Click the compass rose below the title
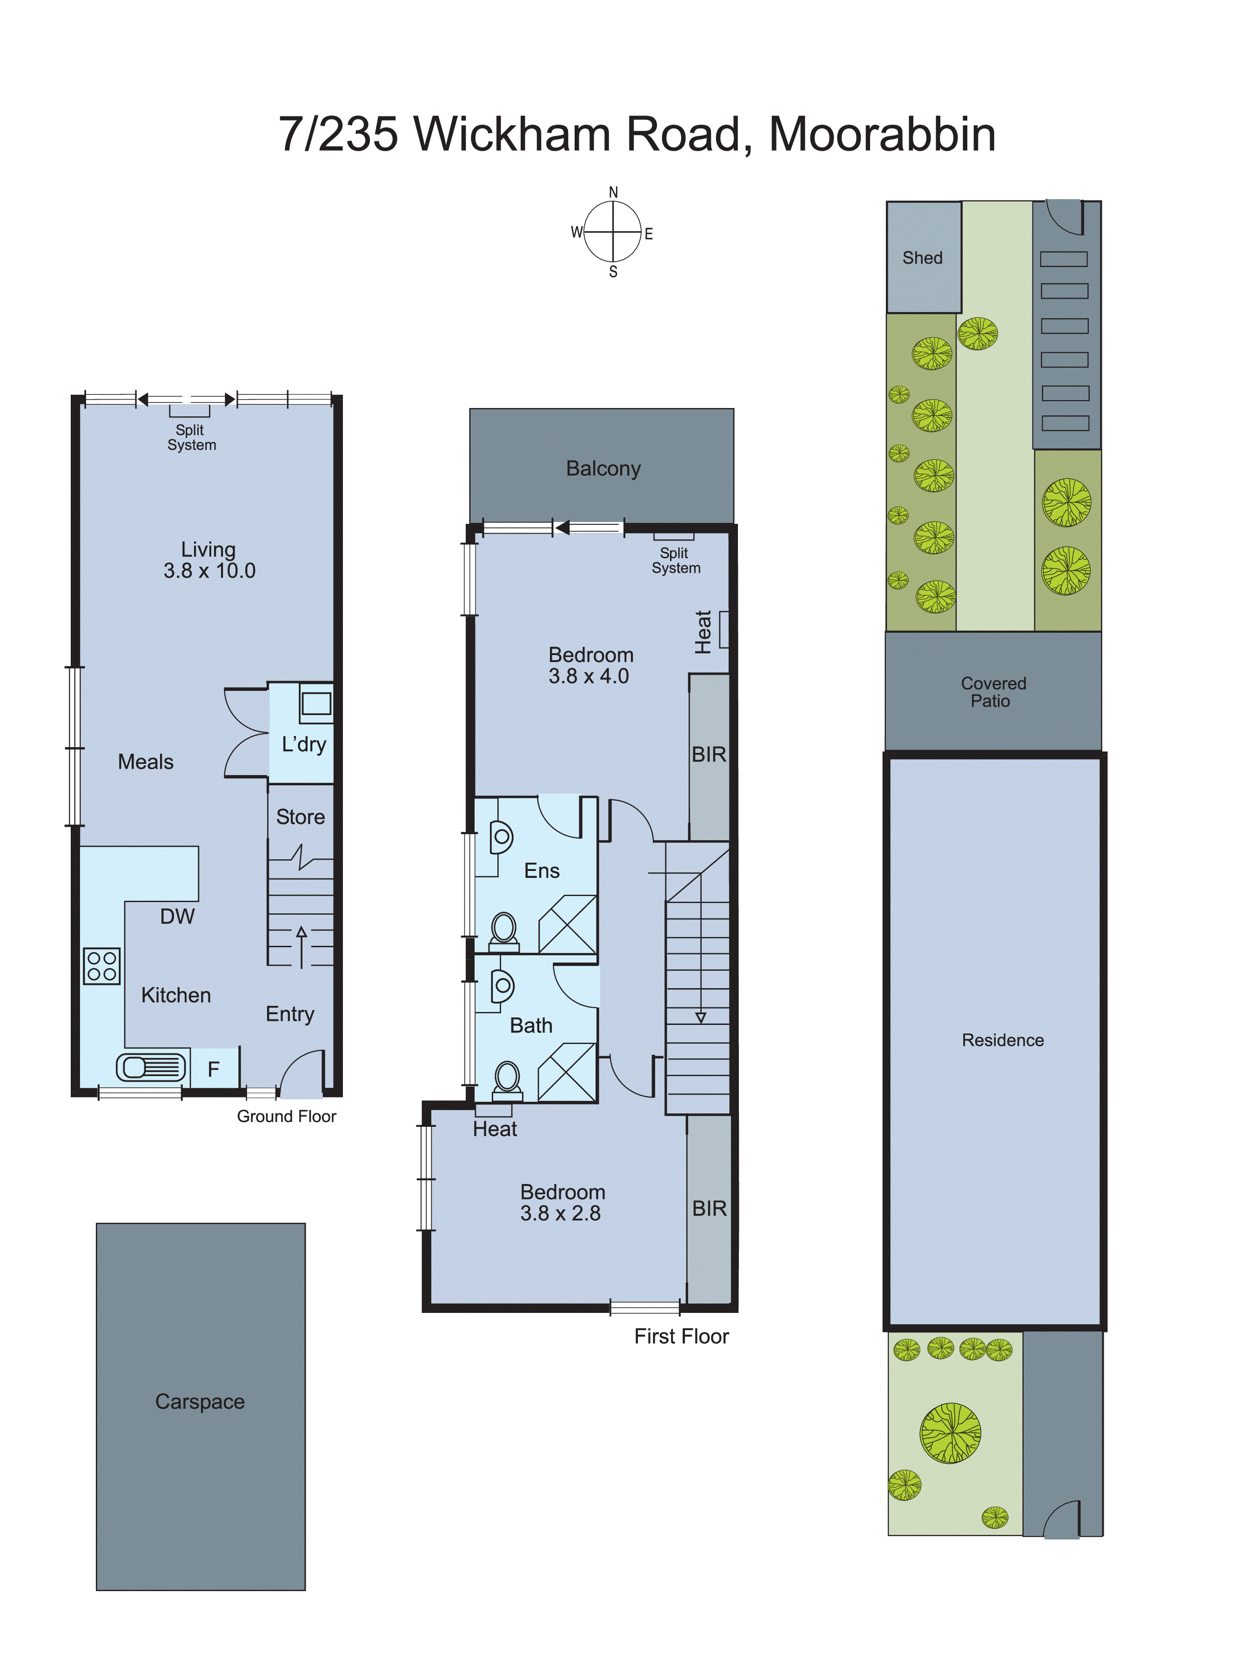(613, 232)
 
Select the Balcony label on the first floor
(603, 468)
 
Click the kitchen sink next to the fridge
(151, 1067)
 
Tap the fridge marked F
(214, 1069)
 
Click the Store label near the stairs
(300, 817)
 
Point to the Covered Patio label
(992, 692)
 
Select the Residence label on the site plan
(1002, 1040)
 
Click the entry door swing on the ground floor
(304, 1075)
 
